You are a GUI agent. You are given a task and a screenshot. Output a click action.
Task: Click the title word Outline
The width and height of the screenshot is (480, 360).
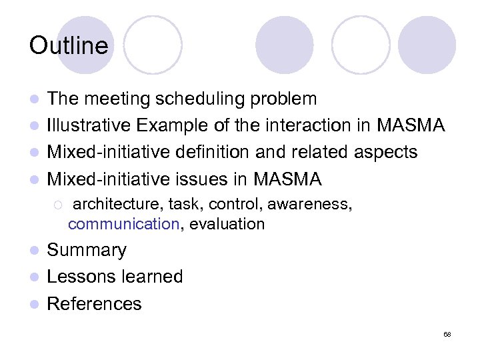point(68,46)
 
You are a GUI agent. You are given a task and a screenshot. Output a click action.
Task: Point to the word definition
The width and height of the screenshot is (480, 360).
point(204,153)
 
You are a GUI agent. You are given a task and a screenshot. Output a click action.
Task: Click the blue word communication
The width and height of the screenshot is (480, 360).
point(124,225)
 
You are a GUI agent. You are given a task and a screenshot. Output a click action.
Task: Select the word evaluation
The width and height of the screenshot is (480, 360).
point(227,225)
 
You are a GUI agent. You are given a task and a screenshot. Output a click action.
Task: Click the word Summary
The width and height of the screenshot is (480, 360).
point(87,251)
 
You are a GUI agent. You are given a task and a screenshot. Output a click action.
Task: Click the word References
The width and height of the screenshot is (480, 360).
point(95,304)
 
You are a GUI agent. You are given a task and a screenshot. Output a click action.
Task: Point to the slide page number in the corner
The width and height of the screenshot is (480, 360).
point(447,334)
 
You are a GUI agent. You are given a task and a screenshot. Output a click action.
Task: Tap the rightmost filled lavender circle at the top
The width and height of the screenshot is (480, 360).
point(427,45)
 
